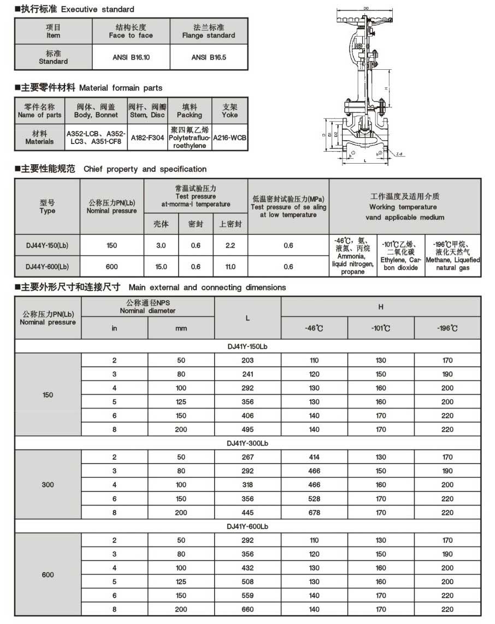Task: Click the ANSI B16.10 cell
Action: [131, 57]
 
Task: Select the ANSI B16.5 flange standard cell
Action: [209, 57]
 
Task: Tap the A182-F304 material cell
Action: [148, 138]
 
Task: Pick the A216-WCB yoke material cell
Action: [229, 138]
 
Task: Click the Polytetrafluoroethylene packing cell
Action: [189, 138]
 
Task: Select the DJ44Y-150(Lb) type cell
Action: [47, 245]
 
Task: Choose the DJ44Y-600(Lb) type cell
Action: [47, 266]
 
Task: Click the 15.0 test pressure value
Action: [161, 266]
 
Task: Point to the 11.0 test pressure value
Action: [230, 266]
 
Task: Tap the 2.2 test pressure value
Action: [230, 245]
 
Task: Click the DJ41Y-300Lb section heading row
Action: [247, 443]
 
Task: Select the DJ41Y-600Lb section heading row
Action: [247, 526]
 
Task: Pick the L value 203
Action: [247, 361]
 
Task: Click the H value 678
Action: [314, 512]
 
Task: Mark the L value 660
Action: [247, 609]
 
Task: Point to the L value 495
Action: [247, 429]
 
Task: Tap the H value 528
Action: [314, 499]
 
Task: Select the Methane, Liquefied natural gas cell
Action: [453, 255]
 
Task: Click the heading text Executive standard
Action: [97, 9]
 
